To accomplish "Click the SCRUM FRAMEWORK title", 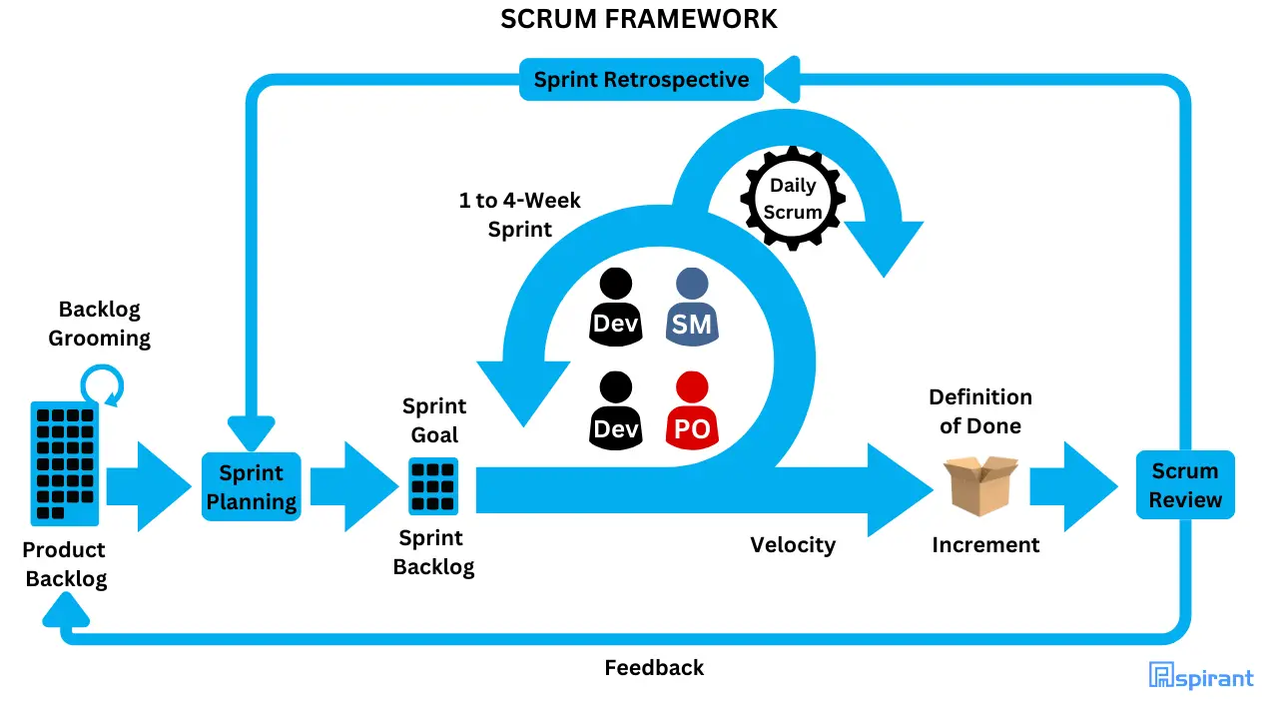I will point(639,19).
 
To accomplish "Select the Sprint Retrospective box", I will point(641,80).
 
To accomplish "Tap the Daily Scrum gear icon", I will point(793,199).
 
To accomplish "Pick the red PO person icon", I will point(692,411).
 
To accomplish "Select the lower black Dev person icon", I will point(615,411).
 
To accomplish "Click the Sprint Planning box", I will point(252,487).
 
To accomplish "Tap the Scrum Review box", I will point(1185,485).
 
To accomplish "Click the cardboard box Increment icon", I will point(980,485).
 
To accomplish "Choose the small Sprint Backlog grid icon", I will point(432,486).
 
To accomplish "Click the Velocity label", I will point(793,544).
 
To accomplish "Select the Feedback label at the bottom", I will point(654,667).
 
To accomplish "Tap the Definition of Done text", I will point(979,411).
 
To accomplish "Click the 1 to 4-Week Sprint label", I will point(519,215).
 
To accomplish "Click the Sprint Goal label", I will point(434,420).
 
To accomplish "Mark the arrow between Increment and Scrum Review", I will point(1074,486).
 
